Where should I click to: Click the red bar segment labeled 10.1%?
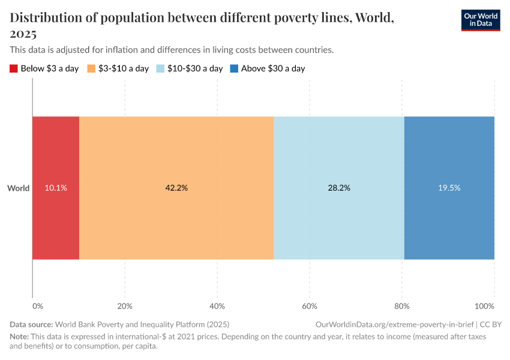click(56, 188)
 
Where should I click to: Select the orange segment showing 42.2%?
click(176, 188)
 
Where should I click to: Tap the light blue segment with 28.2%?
click(339, 188)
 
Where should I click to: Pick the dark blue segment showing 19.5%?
click(449, 188)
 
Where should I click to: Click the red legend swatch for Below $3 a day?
click(14, 68)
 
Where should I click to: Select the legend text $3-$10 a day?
click(123, 68)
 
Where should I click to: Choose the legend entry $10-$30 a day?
click(195, 68)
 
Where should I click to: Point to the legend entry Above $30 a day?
click(273, 68)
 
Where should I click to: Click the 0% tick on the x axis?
click(37, 306)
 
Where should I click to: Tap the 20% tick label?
click(125, 306)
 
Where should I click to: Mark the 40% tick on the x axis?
click(217, 306)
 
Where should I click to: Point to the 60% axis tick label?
click(309, 306)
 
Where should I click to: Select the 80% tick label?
click(401, 306)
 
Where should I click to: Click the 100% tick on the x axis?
click(491, 306)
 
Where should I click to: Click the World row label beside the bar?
click(18, 188)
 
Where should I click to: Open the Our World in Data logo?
click(481, 20)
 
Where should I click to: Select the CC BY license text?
click(490, 324)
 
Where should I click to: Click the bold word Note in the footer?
click(19, 337)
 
